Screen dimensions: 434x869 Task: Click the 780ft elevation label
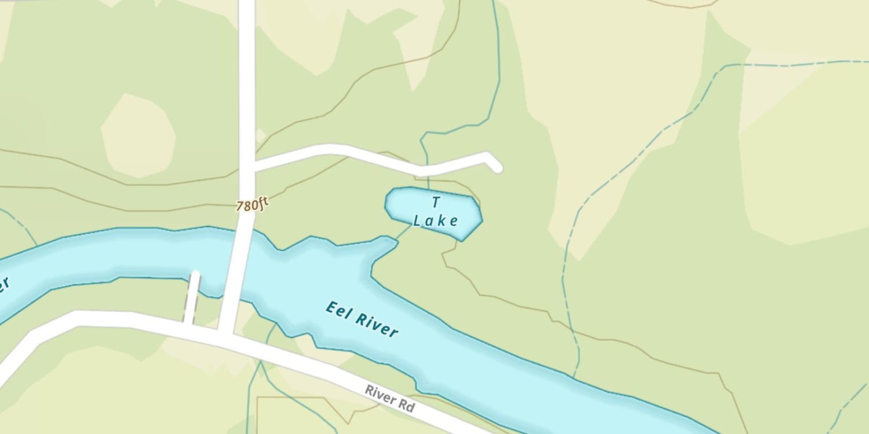[x=253, y=205]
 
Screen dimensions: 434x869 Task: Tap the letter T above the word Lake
[x=436, y=202]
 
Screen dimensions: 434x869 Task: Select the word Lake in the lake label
[x=436, y=220]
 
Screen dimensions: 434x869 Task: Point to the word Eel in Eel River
[x=337, y=310]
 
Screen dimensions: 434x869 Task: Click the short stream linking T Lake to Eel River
[x=404, y=233]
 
